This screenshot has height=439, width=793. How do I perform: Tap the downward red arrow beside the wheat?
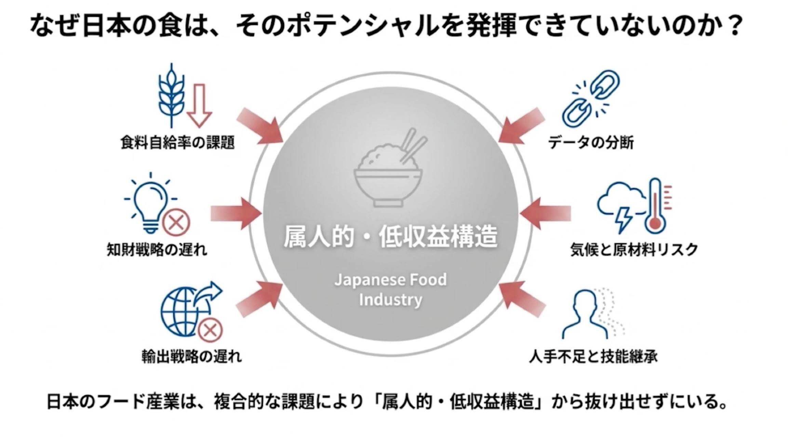tap(199, 106)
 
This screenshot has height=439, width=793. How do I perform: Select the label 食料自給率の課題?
tap(177, 142)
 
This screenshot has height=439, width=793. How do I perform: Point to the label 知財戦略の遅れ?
tap(157, 250)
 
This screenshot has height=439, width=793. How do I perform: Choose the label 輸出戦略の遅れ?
tap(192, 356)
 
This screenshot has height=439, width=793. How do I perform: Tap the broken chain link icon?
tap(591, 99)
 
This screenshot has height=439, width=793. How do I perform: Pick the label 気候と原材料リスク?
tap(634, 250)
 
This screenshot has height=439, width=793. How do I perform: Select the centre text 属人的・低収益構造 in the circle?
tap(390, 237)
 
